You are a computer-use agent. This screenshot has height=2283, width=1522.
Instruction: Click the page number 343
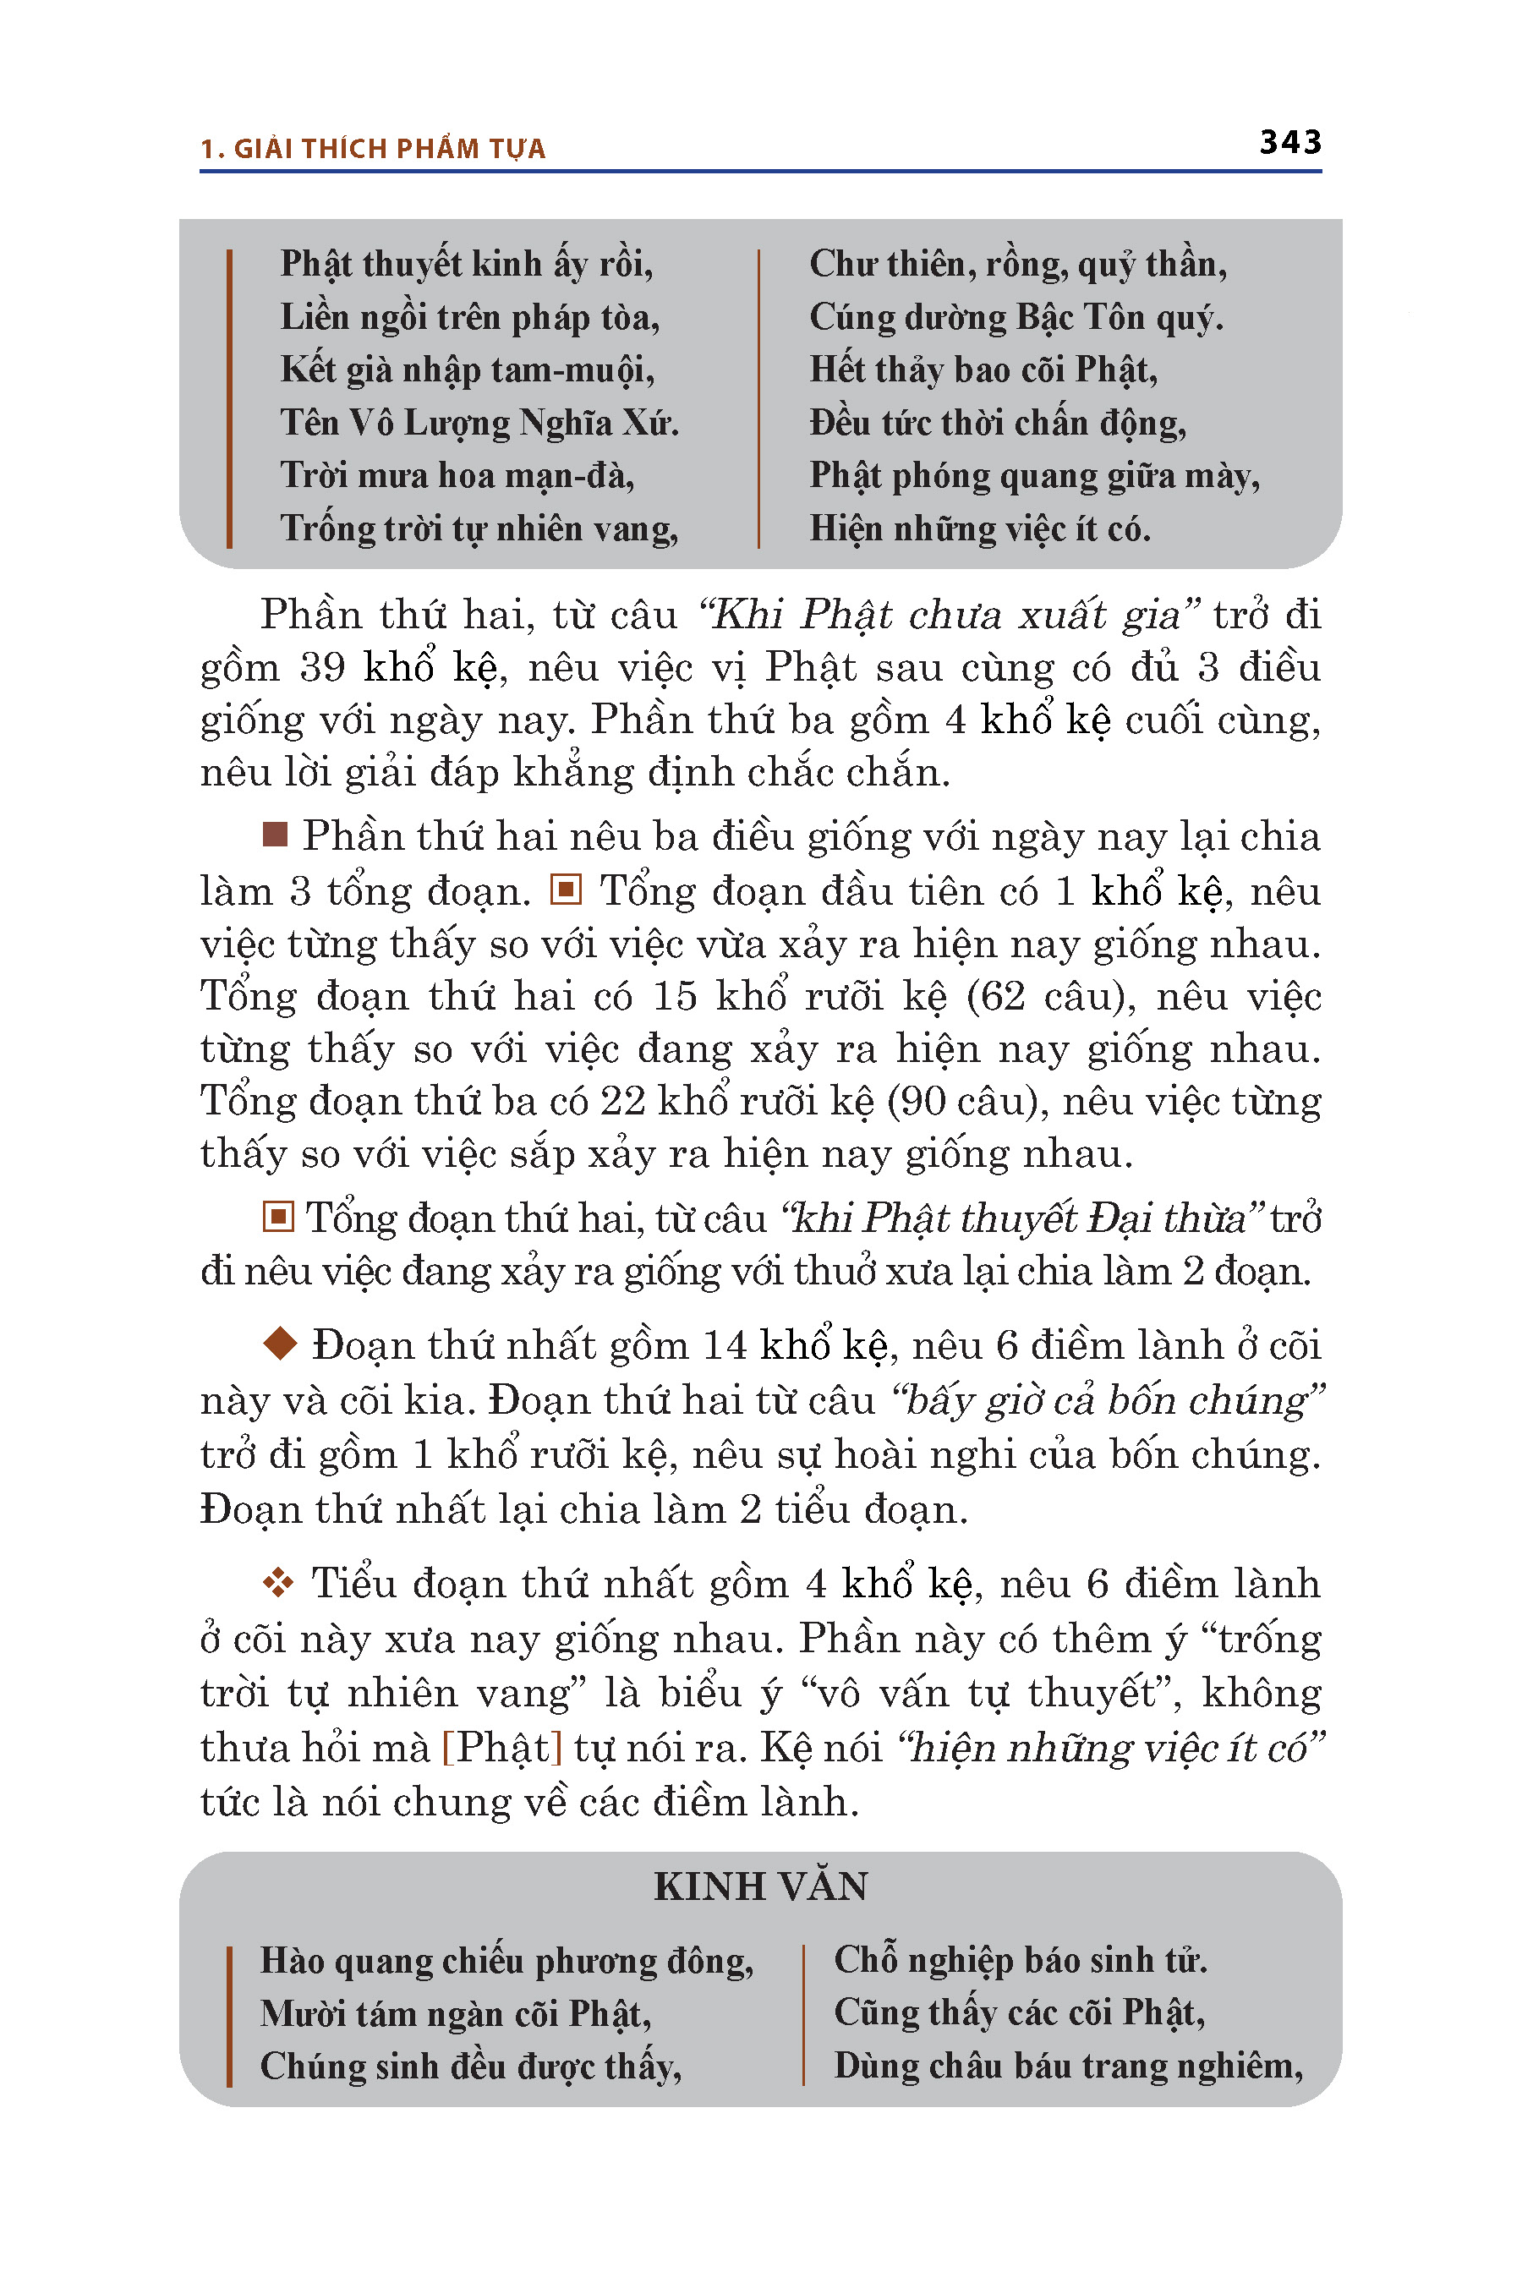1290,143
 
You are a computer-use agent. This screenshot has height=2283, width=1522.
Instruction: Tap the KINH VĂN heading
760,1886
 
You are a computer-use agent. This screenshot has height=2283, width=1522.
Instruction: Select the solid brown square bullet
276,835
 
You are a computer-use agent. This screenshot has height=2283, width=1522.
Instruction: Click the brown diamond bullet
280,1344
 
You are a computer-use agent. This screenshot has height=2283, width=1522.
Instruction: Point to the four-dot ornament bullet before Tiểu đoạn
278,1583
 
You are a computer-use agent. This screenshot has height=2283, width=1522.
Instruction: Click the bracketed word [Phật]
501,1747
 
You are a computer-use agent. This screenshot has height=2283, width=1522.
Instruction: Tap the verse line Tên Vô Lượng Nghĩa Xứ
479,424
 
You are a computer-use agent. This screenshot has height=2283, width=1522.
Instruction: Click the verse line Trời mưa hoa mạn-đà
457,475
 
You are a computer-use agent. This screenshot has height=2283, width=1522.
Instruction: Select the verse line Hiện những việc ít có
979,529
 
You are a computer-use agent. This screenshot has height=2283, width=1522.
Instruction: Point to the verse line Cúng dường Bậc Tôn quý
1016,317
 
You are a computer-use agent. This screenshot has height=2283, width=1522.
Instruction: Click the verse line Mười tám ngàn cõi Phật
455,2013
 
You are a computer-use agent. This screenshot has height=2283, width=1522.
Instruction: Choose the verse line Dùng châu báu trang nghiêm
1068,2066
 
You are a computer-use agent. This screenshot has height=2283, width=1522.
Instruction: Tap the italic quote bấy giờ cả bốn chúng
1108,1399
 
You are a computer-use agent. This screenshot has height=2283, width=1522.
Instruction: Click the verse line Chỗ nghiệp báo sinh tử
1021,1960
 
